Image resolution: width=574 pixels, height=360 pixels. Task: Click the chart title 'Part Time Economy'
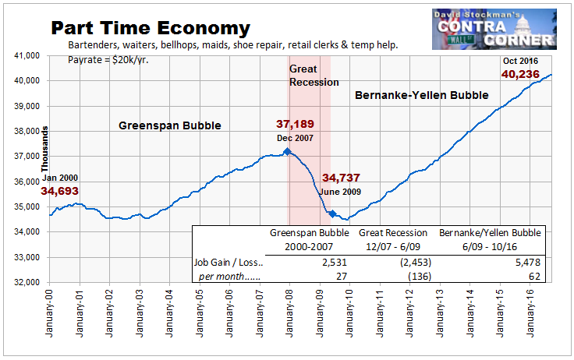click(x=151, y=28)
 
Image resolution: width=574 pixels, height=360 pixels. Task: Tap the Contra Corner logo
click(x=494, y=30)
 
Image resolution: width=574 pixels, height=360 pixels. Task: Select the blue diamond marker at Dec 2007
click(x=287, y=151)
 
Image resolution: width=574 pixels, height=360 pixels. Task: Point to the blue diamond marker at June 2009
click(x=332, y=214)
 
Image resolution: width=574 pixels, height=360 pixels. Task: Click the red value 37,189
click(x=295, y=124)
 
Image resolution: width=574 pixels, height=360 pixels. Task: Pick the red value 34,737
click(x=341, y=178)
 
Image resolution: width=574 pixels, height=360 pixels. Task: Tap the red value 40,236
click(x=520, y=74)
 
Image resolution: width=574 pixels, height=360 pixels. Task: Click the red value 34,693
click(x=59, y=191)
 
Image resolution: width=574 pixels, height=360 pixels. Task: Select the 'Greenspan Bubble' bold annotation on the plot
click(x=170, y=125)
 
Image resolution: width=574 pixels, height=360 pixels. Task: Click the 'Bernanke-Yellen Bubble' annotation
click(x=422, y=95)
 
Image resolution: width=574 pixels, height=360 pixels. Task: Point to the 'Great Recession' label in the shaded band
click(x=314, y=76)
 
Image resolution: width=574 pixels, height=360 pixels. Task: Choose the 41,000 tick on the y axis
click(x=27, y=55)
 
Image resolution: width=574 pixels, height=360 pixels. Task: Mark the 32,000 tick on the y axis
click(x=27, y=282)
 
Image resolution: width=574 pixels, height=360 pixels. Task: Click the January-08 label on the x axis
click(x=289, y=312)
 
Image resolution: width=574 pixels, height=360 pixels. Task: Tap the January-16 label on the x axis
click(x=530, y=312)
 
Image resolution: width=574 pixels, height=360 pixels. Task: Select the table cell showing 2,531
click(x=335, y=263)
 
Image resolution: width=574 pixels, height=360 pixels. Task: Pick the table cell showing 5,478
click(x=528, y=263)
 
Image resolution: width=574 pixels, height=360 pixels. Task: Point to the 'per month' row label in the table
click(x=229, y=277)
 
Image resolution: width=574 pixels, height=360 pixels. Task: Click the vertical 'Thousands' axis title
click(x=44, y=149)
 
